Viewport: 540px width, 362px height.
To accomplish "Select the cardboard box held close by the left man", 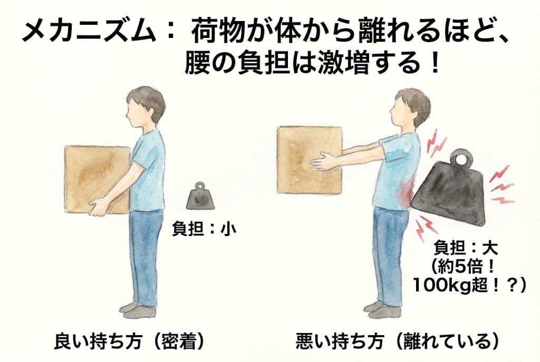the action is click(x=97, y=179).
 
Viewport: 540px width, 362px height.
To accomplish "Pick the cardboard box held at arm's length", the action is click(x=310, y=160).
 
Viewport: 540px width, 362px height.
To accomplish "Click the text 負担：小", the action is click(x=204, y=228).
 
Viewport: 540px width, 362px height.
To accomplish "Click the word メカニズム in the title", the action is click(x=88, y=32).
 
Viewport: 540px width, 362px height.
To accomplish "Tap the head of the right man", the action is click(x=411, y=107).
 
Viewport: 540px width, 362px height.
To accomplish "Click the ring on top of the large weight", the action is click(x=460, y=159).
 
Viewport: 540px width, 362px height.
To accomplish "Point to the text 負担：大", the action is click(x=466, y=248).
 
